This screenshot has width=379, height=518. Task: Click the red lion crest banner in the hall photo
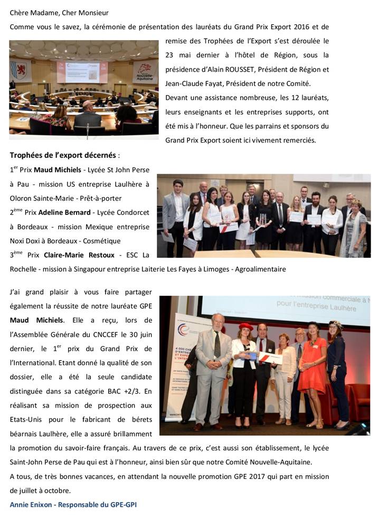click(21, 72)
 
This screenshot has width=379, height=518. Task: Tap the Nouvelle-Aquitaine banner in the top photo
click(145, 71)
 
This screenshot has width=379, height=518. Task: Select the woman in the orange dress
click(312, 370)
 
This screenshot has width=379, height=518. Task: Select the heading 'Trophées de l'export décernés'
click(63, 155)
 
